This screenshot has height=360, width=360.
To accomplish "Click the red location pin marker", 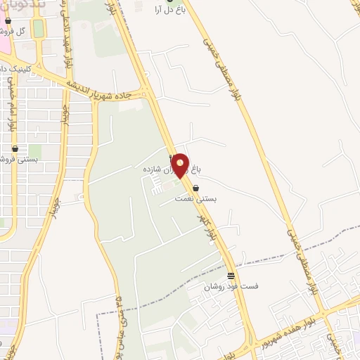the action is tap(181, 165).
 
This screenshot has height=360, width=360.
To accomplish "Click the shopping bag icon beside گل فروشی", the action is tap(8, 21).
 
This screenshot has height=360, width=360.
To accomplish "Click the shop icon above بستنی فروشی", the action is tap(15, 149).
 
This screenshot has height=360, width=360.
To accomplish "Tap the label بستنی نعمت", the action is tap(197, 199).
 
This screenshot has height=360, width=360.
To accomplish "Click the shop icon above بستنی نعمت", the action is tap(195, 188).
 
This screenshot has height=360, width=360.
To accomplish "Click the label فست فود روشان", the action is tap(231, 286).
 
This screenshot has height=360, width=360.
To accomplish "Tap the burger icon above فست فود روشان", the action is tap(231, 275).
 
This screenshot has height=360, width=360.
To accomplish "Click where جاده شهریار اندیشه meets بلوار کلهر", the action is tap(146, 91).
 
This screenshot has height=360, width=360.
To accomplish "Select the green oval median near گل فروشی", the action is tap(38, 28).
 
